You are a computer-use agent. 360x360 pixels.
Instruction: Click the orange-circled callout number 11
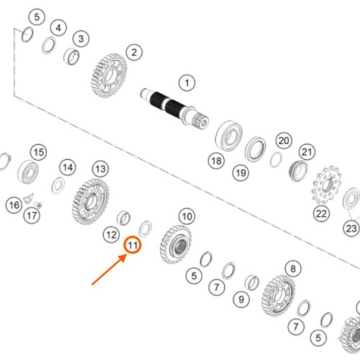(x=132, y=245)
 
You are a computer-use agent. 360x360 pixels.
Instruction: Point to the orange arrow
(x=109, y=270)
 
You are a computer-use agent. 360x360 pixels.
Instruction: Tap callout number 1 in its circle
(x=187, y=83)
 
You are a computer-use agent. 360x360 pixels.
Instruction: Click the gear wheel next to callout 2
(x=109, y=76)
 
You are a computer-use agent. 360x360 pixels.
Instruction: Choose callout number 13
(x=101, y=169)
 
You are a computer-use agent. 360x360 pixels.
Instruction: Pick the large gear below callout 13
(x=91, y=202)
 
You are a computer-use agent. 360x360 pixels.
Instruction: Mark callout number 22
(x=322, y=214)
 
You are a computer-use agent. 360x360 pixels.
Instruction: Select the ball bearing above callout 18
(x=229, y=136)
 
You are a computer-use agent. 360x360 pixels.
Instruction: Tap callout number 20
(x=284, y=140)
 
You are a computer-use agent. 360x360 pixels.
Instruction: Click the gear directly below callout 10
(x=176, y=244)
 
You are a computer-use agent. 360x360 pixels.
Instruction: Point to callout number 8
(x=293, y=269)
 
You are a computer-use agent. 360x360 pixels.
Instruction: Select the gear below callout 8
(x=278, y=296)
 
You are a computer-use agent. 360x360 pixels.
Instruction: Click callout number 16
(x=14, y=205)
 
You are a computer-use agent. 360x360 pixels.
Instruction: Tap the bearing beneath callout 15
(x=28, y=172)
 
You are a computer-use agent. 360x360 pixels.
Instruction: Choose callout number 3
(x=81, y=39)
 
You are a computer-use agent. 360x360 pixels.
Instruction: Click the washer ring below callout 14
(x=58, y=185)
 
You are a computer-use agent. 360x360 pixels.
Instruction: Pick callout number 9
(x=241, y=300)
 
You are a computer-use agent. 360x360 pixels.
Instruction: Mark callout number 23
(x=351, y=228)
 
